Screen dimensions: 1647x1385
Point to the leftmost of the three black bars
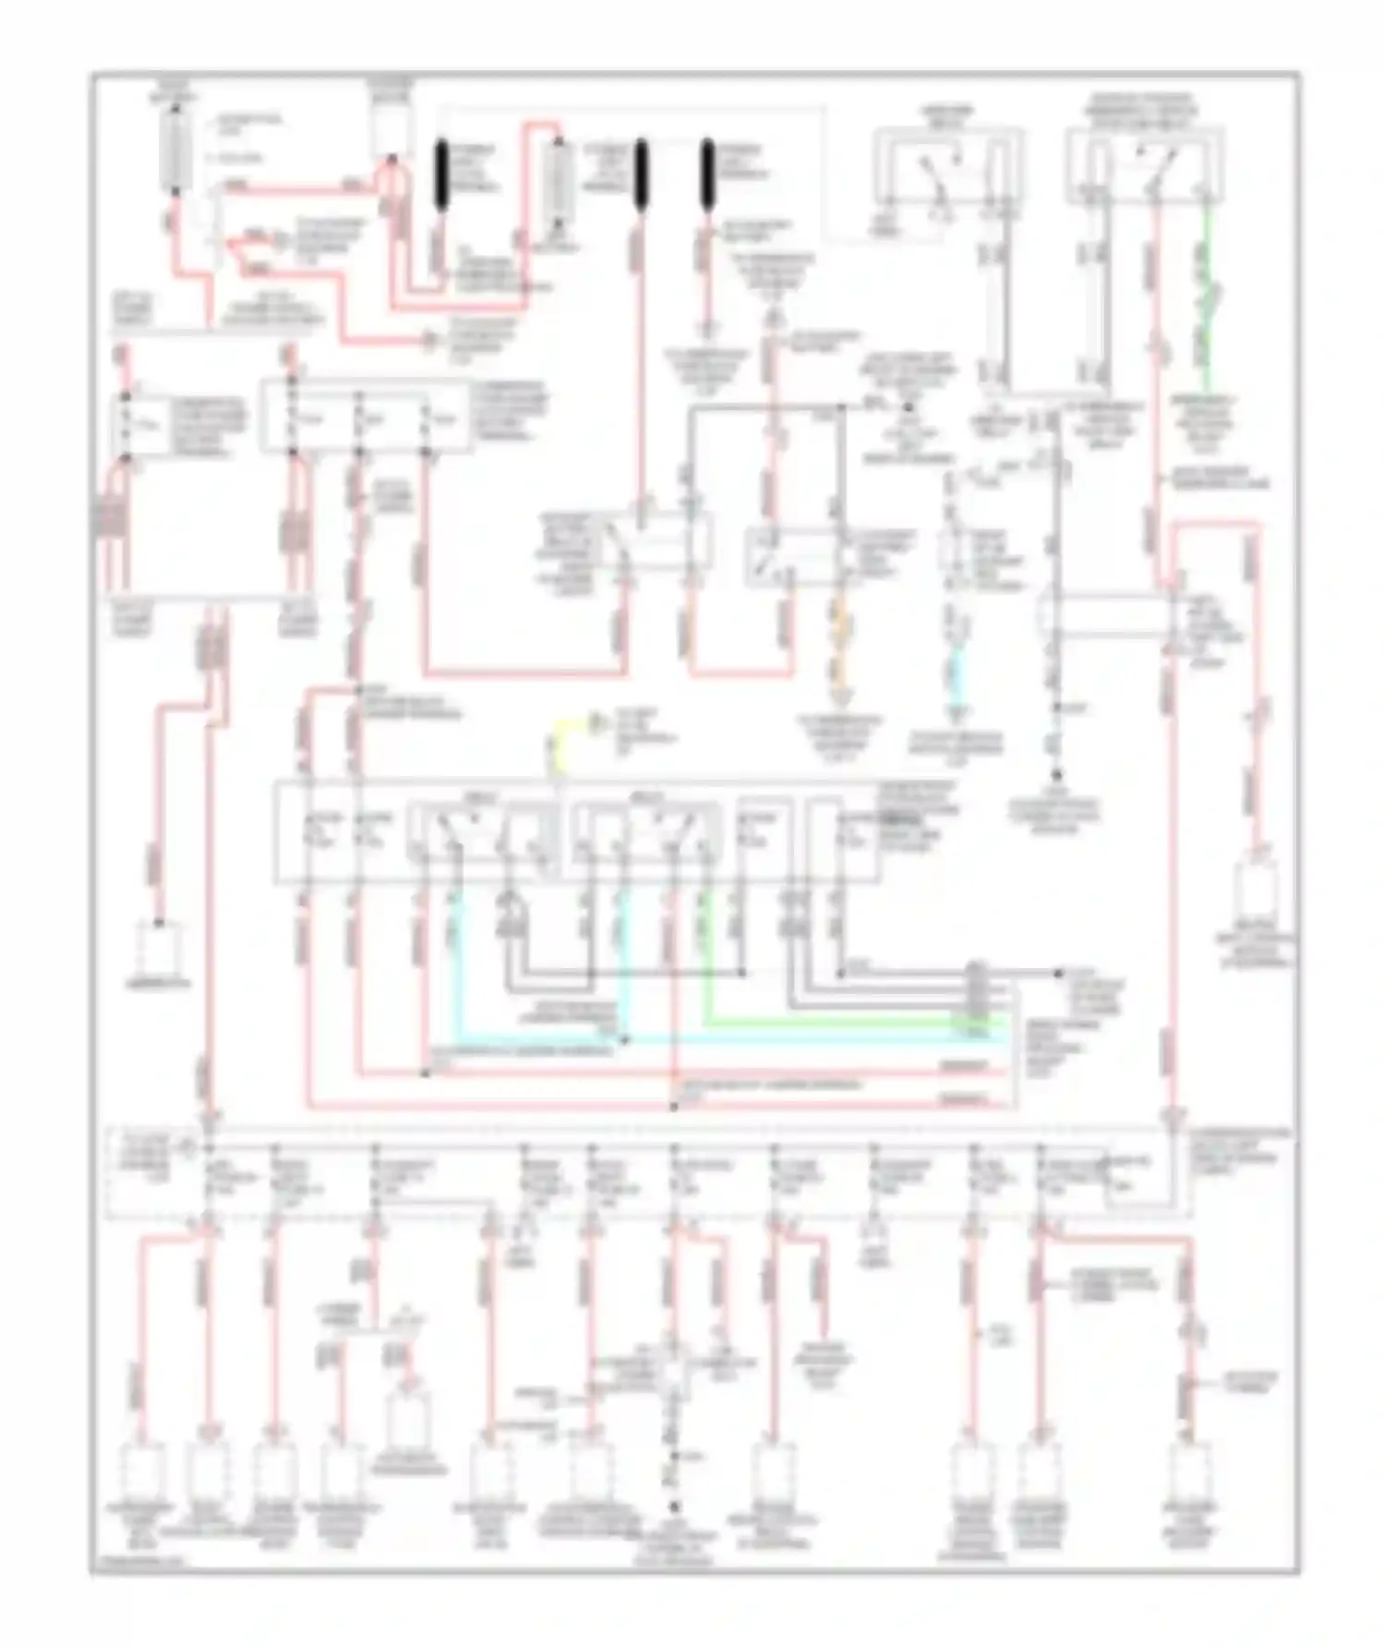point(442,173)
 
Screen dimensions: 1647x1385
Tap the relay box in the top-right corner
point(1145,166)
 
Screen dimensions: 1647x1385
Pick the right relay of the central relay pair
point(646,836)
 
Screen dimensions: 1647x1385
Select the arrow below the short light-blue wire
point(957,714)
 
